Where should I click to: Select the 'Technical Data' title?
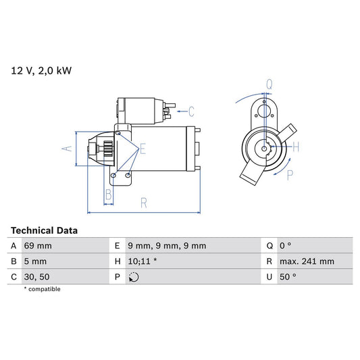pyautogui.click(x=44, y=230)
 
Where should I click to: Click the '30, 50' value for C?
pyautogui.click(x=37, y=277)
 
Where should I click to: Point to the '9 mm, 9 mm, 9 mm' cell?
pyautogui.click(x=167, y=246)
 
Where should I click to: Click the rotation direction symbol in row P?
pyautogui.click(x=133, y=277)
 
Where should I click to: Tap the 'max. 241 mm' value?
pyautogui.click(x=307, y=261)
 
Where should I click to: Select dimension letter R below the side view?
pyautogui.click(x=143, y=202)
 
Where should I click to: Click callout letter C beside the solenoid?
pyautogui.click(x=191, y=111)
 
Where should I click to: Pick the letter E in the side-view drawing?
pyautogui.click(x=143, y=149)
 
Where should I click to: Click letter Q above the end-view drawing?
pyautogui.click(x=268, y=84)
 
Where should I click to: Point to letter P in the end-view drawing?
pyautogui.click(x=290, y=175)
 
